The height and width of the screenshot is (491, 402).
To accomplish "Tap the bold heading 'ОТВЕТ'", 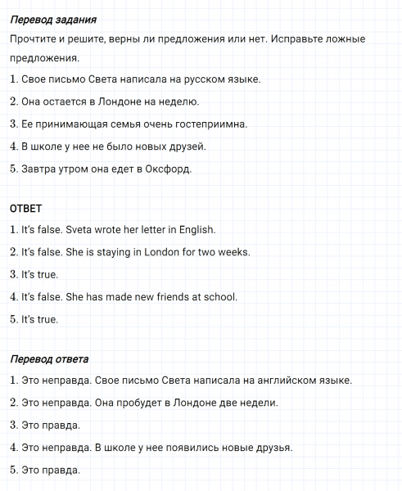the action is [25, 208].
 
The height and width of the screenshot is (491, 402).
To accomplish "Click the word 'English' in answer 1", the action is [197, 230].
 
